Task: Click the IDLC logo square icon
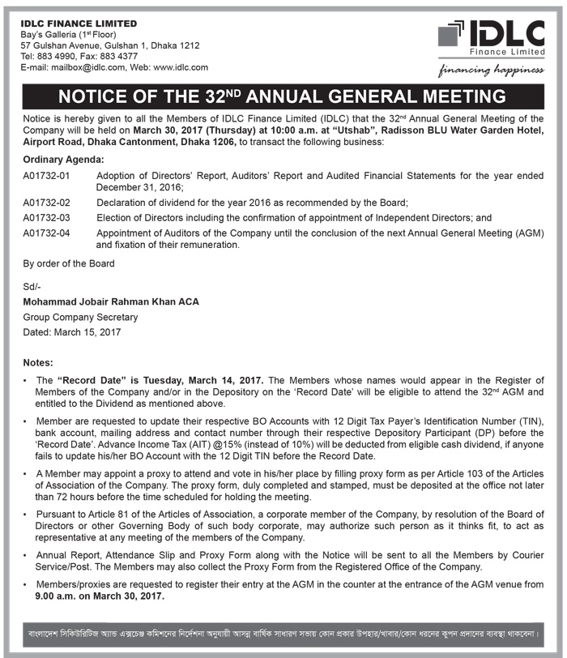click(x=451, y=34)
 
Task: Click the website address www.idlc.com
click(x=180, y=68)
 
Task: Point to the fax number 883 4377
click(x=126, y=57)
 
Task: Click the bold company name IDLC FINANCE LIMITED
click(x=79, y=23)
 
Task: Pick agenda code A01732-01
click(x=47, y=175)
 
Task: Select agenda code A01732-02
click(x=47, y=202)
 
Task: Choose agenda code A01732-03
click(x=47, y=218)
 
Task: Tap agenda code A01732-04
click(x=47, y=233)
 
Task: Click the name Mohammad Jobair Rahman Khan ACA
click(x=111, y=301)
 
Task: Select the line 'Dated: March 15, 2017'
click(x=72, y=332)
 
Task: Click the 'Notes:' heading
click(x=38, y=362)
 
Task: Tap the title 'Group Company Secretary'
click(x=80, y=317)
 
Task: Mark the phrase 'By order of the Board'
click(x=69, y=263)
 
